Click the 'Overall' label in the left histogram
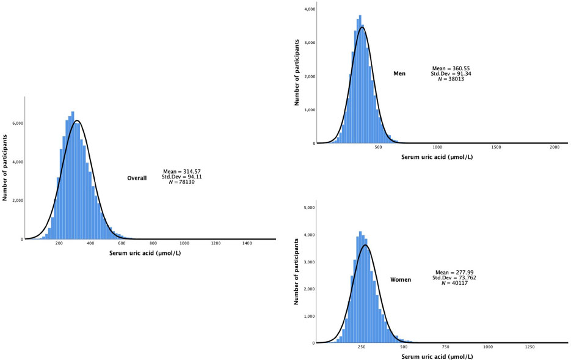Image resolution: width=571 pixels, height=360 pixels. [x=137, y=178]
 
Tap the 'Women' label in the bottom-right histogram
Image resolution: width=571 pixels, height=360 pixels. [x=401, y=279]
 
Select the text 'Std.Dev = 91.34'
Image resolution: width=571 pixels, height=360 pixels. [x=451, y=73]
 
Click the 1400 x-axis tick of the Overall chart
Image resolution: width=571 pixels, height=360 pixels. [x=247, y=244]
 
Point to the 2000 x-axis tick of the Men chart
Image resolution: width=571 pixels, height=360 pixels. [x=555, y=149]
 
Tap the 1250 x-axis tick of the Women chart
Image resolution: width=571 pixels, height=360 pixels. [x=529, y=347]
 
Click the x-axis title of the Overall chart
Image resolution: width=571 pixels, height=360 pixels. [x=145, y=252]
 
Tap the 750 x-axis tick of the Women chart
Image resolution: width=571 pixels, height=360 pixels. [x=437, y=347]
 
